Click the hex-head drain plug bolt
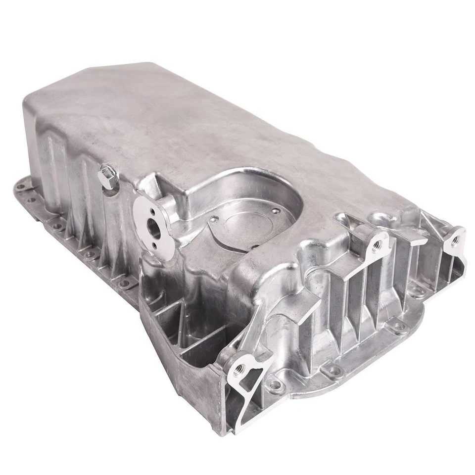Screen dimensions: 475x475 [x=108, y=177]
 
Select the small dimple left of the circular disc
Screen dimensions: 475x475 [x=214, y=218]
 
